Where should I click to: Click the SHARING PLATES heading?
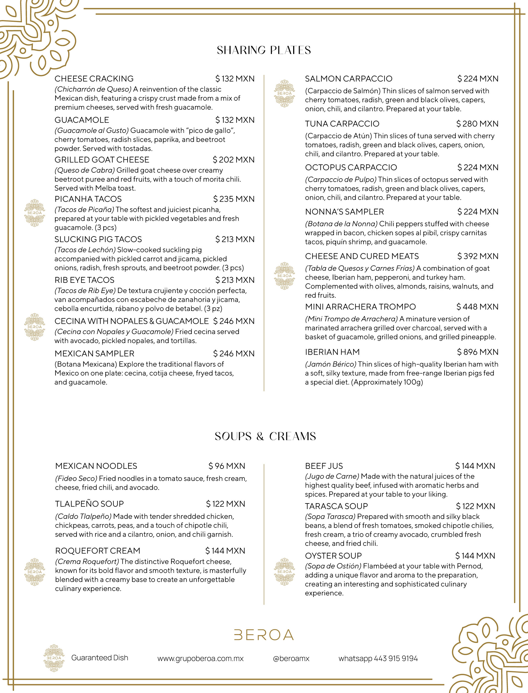tap(264, 50)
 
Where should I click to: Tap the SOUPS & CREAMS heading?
tap(265, 436)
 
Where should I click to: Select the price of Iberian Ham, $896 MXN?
tap(477, 352)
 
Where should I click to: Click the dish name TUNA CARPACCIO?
tap(342, 124)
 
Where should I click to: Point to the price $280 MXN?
tap(477, 124)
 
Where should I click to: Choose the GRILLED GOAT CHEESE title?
tap(102, 160)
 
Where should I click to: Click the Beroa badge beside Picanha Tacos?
tap(35, 213)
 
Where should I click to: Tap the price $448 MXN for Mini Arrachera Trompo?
tap(477, 306)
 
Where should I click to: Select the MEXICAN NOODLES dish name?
tap(96, 466)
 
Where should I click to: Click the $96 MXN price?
tap(227, 466)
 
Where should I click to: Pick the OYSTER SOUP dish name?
tap(333, 556)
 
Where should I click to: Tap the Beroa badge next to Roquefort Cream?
tap(35, 572)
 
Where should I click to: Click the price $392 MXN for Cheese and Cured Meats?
tap(477, 256)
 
